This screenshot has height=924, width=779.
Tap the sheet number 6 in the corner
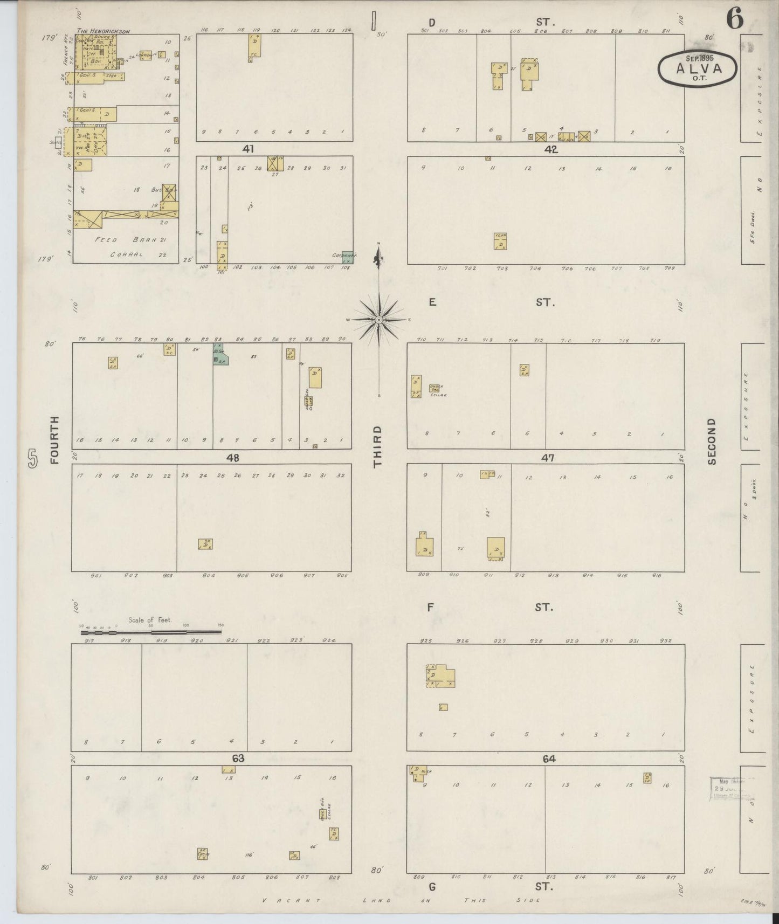click(x=734, y=19)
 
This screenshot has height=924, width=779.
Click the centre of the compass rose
click(x=379, y=319)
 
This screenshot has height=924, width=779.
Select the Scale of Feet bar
click(x=151, y=631)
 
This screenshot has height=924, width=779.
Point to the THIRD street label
click(x=377, y=446)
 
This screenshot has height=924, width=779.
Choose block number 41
click(x=248, y=149)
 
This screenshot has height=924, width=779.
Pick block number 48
click(x=233, y=458)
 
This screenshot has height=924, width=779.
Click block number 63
click(x=238, y=758)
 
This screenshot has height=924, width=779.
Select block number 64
click(x=549, y=758)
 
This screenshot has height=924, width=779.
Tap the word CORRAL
click(x=126, y=254)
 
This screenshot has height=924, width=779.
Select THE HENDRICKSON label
click(x=104, y=32)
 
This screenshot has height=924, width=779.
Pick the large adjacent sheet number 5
click(x=33, y=459)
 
